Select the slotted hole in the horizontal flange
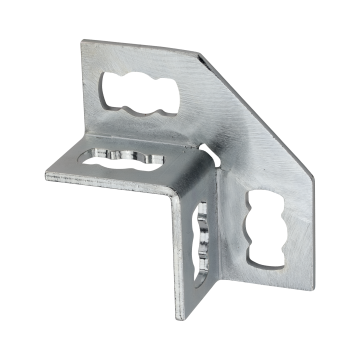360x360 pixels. [121, 158]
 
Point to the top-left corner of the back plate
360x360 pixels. [85, 40]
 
